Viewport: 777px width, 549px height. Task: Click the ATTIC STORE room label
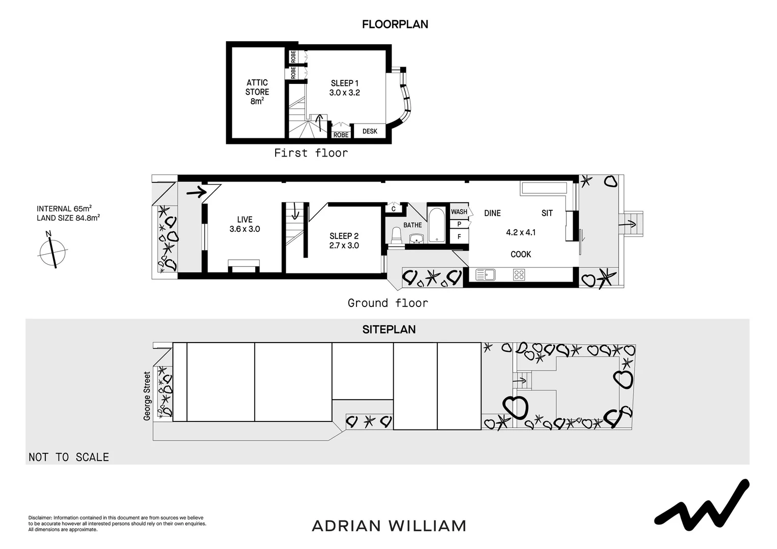[x=257, y=87]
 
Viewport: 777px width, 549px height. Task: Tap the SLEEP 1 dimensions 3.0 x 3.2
[x=344, y=93]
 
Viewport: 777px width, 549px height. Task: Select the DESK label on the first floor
[x=370, y=131]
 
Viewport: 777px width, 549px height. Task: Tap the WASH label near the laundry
[x=459, y=211]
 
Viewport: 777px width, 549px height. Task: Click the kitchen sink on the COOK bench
[x=485, y=275]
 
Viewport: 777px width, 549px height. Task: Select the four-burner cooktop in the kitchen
[x=519, y=275]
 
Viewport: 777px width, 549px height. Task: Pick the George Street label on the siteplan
[x=147, y=396]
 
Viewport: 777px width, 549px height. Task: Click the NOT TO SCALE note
[x=69, y=457]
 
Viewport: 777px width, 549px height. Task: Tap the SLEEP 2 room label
[x=344, y=236]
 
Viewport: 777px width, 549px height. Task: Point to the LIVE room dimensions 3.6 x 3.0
[x=245, y=229]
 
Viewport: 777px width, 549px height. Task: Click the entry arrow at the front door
[x=196, y=193]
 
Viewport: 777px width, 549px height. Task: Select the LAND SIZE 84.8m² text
[x=68, y=218]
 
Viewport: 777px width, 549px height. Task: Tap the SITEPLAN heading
[x=389, y=329]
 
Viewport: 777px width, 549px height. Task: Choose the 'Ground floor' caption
[x=387, y=303]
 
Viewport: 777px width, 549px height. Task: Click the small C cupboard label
[x=393, y=208]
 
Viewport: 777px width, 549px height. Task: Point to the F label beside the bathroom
[x=459, y=236]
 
